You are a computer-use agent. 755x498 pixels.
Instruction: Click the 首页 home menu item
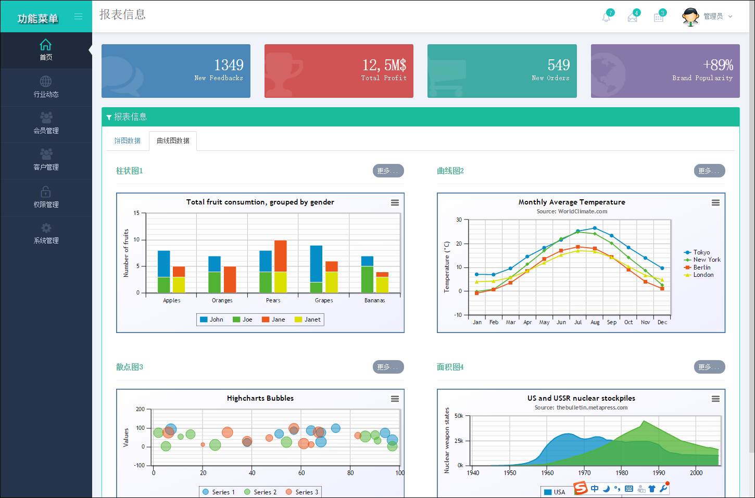click(x=46, y=50)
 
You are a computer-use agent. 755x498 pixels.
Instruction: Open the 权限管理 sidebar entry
click(x=46, y=198)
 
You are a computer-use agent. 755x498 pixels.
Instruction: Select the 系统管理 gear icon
click(x=46, y=228)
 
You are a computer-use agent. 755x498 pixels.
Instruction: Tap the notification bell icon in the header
click(x=606, y=17)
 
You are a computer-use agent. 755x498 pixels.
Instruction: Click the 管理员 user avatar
click(x=690, y=17)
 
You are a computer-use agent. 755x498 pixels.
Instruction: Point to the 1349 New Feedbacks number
click(x=229, y=65)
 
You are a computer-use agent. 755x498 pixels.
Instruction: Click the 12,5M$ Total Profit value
click(x=384, y=65)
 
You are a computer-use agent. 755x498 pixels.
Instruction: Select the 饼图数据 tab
click(x=128, y=141)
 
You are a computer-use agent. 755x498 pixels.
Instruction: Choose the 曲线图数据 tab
click(x=173, y=141)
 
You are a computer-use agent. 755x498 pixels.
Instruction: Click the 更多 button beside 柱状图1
click(x=388, y=171)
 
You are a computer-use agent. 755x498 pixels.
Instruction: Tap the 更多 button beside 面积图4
click(x=709, y=367)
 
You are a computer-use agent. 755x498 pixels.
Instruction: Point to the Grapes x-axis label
click(x=324, y=300)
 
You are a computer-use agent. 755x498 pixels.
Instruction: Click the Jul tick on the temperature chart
click(x=578, y=322)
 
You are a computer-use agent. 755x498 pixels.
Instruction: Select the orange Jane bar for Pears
click(x=281, y=256)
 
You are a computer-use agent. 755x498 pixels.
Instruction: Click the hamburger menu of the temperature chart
click(x=715, y=202)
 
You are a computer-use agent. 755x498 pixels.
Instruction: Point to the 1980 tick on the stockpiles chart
click(x=622, y=473)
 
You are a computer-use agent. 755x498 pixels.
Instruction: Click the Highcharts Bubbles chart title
click(x=260, y=398)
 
